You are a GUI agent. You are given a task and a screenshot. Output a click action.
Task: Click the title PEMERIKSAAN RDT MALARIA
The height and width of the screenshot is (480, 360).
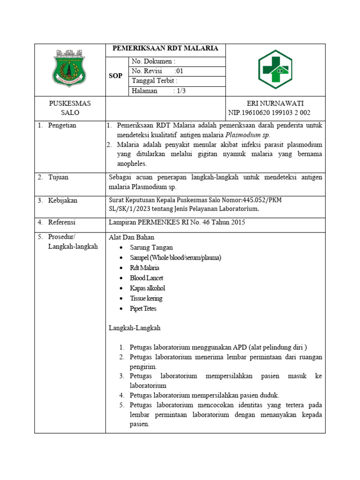pos(165,48)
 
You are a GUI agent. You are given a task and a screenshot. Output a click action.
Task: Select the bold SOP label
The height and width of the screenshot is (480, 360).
pos(115,76)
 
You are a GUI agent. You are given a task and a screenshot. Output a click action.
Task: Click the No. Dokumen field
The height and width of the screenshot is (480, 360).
pos(154,61)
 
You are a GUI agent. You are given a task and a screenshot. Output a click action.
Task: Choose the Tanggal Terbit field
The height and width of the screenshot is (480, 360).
pos(155,81)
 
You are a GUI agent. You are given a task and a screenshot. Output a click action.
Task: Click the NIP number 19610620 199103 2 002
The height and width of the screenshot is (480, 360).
pos(269,113)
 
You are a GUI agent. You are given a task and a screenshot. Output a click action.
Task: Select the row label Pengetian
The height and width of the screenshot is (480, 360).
pos(62,125)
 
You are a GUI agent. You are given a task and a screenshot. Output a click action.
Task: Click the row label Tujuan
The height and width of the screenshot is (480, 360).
pos(58,177)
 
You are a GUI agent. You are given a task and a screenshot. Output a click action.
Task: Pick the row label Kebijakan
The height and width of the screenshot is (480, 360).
pos(63,201)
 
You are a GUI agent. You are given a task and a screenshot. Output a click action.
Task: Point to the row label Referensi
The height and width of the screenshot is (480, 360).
pos(62,222)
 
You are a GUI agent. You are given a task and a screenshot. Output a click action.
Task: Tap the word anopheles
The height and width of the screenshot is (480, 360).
pos(132,164)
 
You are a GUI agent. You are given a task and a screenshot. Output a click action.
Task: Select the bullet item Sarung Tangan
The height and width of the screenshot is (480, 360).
pos(151,247)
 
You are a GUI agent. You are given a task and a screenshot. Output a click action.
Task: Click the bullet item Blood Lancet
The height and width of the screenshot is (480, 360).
pos(147,278)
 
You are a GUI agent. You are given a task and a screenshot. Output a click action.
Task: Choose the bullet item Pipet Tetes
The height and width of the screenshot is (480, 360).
pos(143,309)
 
